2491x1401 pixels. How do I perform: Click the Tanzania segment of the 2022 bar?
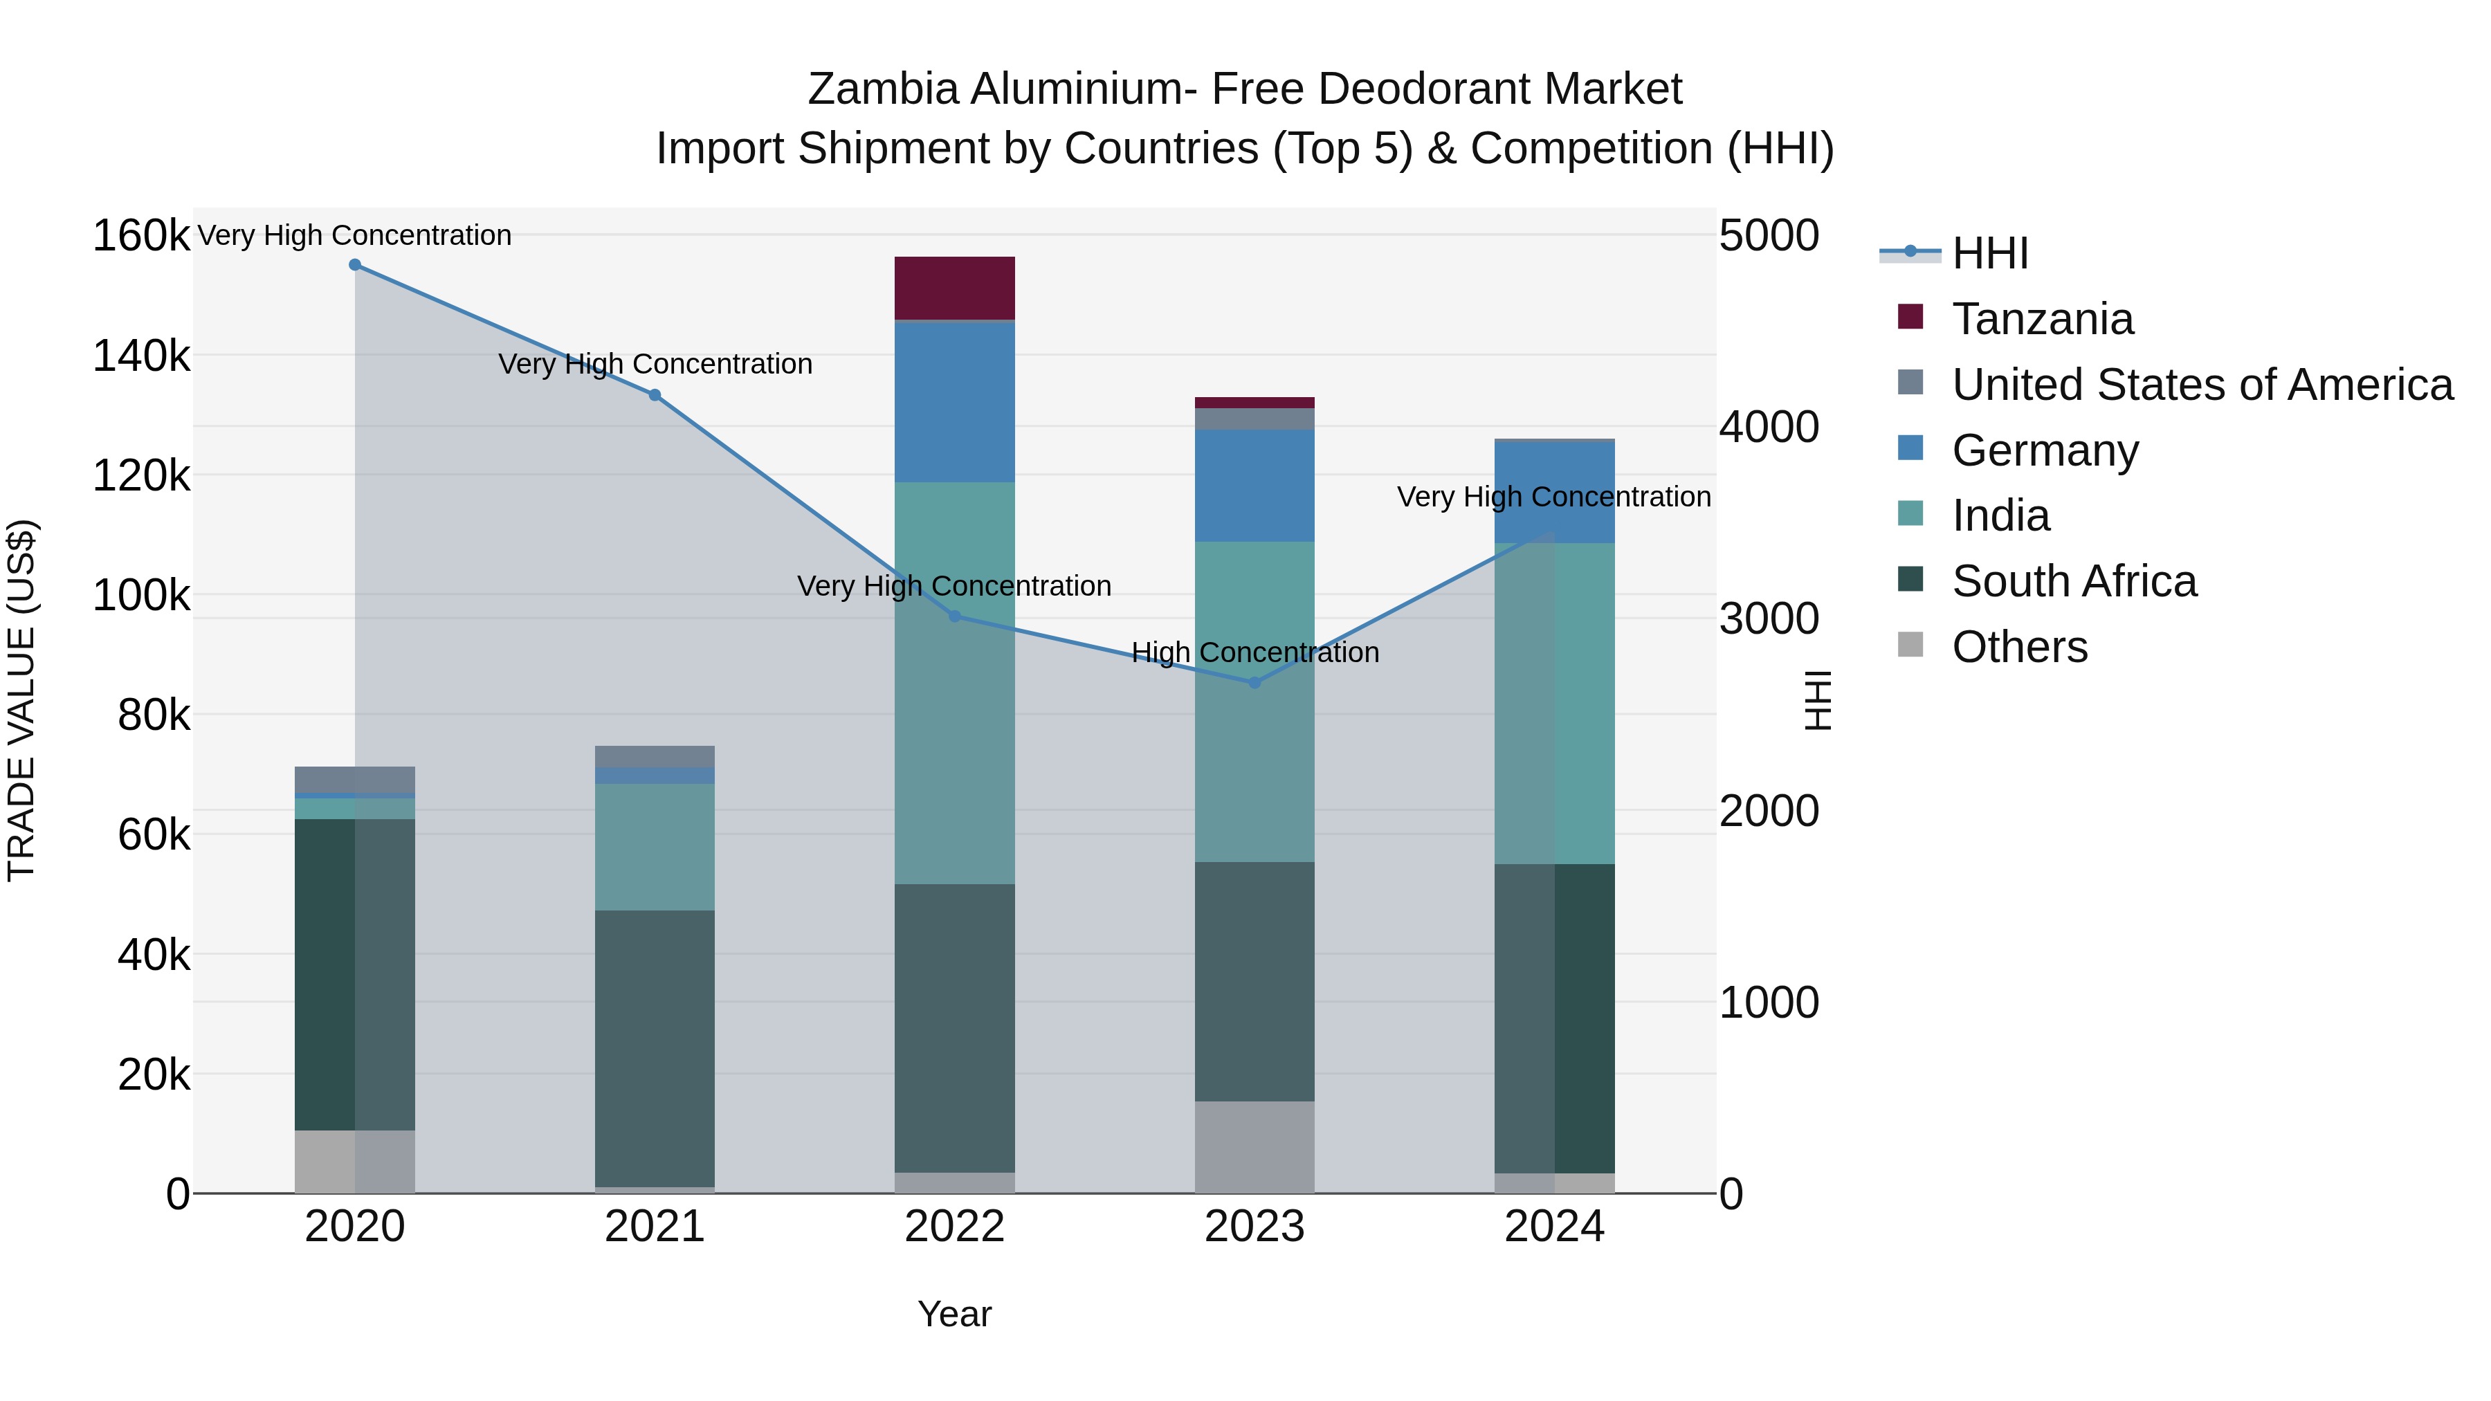pos(954,288)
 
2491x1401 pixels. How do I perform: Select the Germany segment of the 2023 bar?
pos(1254,486)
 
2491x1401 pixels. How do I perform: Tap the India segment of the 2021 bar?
pos(655,846)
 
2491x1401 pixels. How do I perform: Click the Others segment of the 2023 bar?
pos(1254,1146)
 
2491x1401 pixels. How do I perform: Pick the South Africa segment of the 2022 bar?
pos(954,1028)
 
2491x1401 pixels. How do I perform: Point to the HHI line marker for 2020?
pos(355,265)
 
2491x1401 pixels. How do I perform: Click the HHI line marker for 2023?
pos(1255,683)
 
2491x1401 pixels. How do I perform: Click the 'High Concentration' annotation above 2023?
pos(1255,652)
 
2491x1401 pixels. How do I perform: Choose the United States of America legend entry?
pos(2201,385)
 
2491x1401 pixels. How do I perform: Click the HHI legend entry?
pos(1989,253)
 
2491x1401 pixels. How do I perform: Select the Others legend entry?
pos(2019,647)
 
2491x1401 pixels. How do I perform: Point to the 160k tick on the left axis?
pos(141,236)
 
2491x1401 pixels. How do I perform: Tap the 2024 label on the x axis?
pos(1554,1227)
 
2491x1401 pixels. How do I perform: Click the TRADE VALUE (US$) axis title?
pos(22,700)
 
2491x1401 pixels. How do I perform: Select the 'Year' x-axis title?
pos(954,1314)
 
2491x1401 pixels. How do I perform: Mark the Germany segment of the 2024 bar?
pos(1554,491)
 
